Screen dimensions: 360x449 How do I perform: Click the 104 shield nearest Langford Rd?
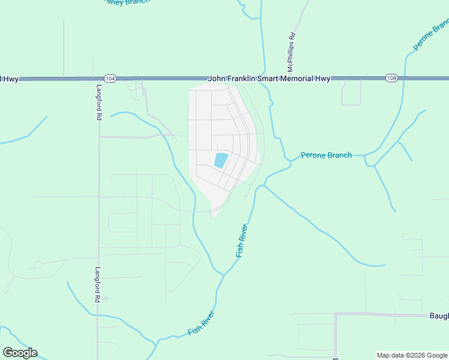tap(109, 79)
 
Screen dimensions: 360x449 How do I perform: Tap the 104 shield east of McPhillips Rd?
tap(391, 79)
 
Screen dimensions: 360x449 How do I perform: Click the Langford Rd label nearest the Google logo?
tap(98, 284)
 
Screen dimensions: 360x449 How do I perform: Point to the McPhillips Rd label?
tap(292, 49)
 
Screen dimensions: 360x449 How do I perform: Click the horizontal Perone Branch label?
tap(326, 155)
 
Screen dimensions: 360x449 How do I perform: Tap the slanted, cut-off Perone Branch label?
tap(432, 36)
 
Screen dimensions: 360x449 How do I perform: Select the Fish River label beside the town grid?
tap(241, 241)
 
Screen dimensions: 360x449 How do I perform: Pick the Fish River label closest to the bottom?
tap(201, 323)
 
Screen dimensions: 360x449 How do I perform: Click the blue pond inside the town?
tap(221, 160)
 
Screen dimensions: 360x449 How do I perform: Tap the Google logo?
tap(20, 353)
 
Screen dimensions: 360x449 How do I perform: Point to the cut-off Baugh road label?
tap(439, 316)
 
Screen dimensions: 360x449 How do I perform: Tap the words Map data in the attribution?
tap(391, 355)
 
